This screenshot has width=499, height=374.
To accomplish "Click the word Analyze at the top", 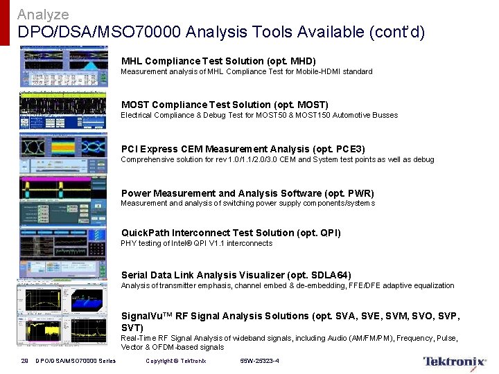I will pyautogui.click(x=43, y=14).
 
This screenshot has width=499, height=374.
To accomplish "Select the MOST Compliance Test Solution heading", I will pyautogui.click(x=225, y=105).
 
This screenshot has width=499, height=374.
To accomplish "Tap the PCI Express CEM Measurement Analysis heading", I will pyautogui.click(x=243, y=149).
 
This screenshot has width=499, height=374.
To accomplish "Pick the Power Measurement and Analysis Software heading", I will pyautogui.click(x=247, y=193).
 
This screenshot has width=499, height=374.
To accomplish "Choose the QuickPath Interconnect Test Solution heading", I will pyautogui.click(x=231, y=233).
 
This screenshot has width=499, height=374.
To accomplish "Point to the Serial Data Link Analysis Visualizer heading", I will pyautogui.click(x=236, y=275).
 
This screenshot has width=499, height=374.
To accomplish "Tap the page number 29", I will pyautogui.click(x=24, y=361).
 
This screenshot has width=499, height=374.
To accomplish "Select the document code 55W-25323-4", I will pyautogui.click(x=259, y=361).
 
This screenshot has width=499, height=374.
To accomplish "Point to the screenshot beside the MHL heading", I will pyautogui.click(x=64, y=66).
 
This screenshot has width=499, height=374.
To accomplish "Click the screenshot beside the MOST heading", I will pyautogui.click(x=64, y=111).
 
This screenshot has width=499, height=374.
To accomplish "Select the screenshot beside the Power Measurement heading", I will pyautogui.click(x=64, y=199).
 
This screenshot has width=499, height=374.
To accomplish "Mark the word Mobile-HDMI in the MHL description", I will pyautogui.click(x=308, y=71).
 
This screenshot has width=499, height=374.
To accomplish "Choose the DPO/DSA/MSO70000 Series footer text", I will pyautogui.click(x=76, y=361).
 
